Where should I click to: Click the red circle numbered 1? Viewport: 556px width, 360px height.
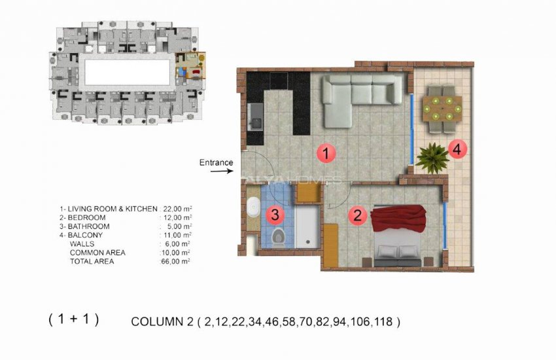click(326, 154)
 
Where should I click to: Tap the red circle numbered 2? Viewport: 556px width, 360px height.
click(357, 215)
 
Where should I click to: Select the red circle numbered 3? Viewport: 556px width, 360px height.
click(276, 213)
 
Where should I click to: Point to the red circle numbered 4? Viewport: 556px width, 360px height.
click(458, 149)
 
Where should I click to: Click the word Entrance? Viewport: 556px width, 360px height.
click(216, 162)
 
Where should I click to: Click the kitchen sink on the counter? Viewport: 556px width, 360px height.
click(256, 120)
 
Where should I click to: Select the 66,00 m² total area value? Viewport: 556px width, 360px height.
click(176, 261)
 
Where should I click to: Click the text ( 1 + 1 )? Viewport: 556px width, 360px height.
click(73, 319)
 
